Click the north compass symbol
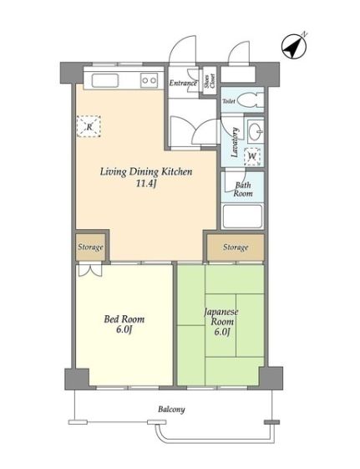[294, 46]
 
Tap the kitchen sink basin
[105, 80]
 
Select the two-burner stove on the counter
[149, 80]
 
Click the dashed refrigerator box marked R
[89, 126]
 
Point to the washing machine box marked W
[252, 156]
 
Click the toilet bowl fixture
[250, 100]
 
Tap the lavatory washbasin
[256, 131]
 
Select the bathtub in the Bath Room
[242, 216]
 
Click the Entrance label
[183, 83]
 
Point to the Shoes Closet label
[210, 81]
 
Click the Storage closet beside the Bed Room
[90, 247]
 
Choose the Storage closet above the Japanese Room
[236, 247]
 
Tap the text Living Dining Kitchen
[146, 171]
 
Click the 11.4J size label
[146, 183]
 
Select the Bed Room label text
[124, 319]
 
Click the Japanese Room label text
[221, 317]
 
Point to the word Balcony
[171, 409]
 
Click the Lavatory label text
[235, 142]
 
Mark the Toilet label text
[229, 101]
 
